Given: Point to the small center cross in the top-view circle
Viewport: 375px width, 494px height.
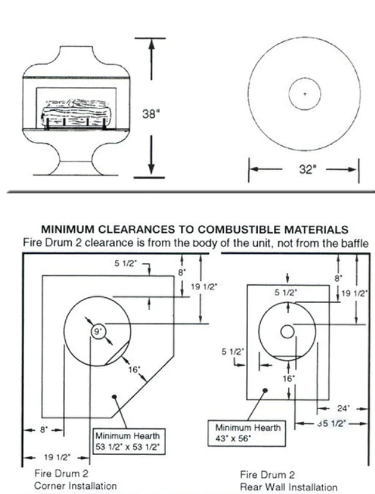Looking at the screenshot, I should pos(304,94).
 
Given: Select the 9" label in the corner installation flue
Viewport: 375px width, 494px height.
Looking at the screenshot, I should pos(98,333).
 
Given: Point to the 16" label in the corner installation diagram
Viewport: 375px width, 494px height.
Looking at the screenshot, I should pos(135,369).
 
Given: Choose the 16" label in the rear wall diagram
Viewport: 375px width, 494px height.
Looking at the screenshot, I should pos(289,377).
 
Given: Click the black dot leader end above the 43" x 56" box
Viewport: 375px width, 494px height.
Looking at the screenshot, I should pos(265,390).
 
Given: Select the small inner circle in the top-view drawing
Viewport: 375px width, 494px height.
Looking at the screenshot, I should pos(304,94).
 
